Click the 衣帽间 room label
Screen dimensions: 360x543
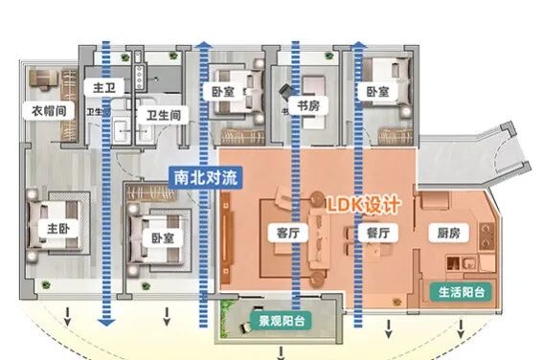point(44,110)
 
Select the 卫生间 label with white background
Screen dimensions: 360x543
point(163,115)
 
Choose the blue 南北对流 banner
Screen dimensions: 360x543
point(204,177)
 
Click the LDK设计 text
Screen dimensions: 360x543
point(366,205)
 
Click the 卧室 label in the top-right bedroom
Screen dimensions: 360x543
point(377,91)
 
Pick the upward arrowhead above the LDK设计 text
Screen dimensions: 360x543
point(358,46)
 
